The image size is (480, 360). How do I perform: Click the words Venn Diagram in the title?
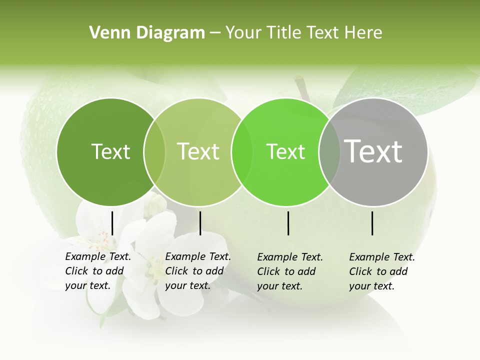(x=147, y=33)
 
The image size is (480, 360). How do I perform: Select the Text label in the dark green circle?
(x=110, y=152)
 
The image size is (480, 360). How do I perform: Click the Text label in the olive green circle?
(x=198, y=152)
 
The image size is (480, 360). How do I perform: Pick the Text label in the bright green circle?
(x=285, y=152)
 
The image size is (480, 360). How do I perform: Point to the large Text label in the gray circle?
(x=373, y=151)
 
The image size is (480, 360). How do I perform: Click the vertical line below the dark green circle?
(x=112, y=223)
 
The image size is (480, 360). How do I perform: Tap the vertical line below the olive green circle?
(x=200, y=223)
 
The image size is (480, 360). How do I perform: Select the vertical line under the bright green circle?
(x=288, y=223)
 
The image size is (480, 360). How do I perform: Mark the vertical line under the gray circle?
(x=372, y=223)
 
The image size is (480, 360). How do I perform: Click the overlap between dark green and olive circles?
(x=154, y=152)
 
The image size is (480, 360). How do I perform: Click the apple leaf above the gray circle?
(x=400, y=87)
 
